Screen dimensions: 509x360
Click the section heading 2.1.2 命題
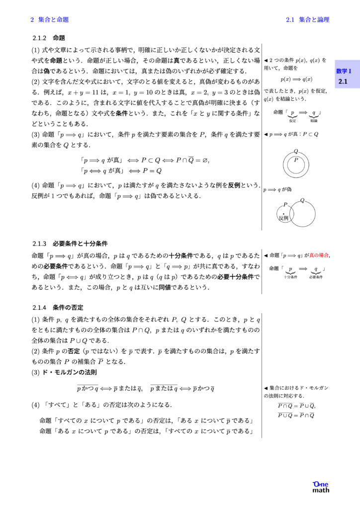click(49, 38)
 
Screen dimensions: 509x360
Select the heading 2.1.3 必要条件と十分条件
click(70, 244)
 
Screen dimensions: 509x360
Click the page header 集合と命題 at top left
click(50, 20)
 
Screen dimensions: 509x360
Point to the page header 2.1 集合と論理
click(308, 20)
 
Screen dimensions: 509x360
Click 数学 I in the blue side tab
click(344, 71)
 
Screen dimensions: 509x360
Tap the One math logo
click(321, 487)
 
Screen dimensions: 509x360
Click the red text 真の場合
click(319, 255)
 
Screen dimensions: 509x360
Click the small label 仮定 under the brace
click(292, 121)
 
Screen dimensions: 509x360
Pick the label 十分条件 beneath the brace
click(290, 277)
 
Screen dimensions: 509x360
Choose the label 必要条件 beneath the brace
click(316, 277)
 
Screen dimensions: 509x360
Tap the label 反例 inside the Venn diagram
click(283, 218)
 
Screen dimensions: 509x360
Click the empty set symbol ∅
click(205, 160)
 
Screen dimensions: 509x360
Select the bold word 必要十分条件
click(236, 276)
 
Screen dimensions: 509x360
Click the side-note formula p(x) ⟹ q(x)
click(296, 79)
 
